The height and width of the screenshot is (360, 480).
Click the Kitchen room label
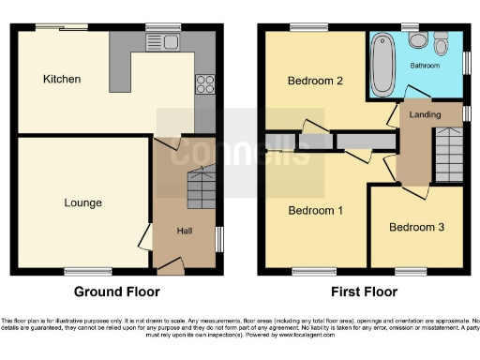click(62, 80)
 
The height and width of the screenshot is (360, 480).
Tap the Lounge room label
click(82, 202)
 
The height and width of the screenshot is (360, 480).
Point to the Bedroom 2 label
click(314, 81)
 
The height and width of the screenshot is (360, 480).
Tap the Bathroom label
click(426, 66)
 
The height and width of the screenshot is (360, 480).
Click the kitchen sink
click(169, 41)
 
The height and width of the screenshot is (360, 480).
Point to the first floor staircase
click(448, 155)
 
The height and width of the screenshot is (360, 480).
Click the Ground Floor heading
click(117, 292)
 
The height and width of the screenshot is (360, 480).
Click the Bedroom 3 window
click(411, 272)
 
